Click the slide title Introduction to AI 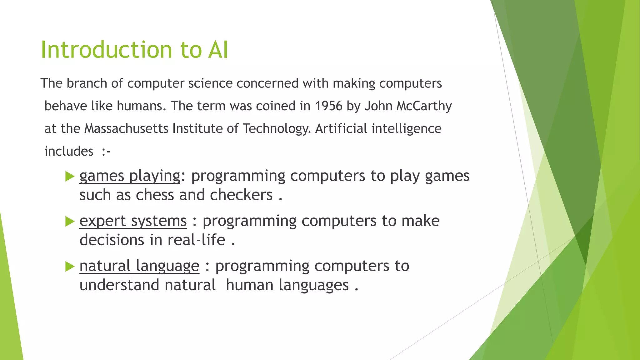click(134, 50)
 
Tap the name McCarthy click(424, 106)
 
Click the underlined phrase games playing click(130, 176)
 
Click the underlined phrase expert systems click(133, 221)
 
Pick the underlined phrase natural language click(139, 266)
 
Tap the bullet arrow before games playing click(69, 176)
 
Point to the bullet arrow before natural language click(69, 267)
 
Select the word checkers click(241, 195)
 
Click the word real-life click(196, 240)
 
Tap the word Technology click(277, 129)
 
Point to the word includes click(69, 151)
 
